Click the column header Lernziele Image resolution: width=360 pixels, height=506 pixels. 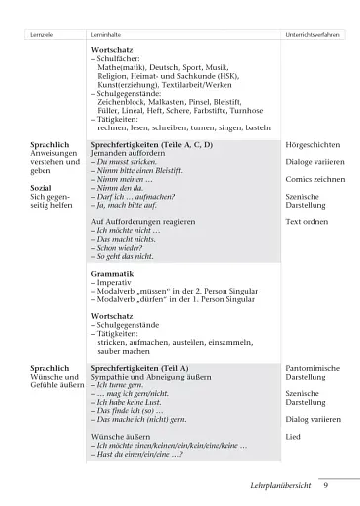43,34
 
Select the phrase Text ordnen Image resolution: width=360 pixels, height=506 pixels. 306,222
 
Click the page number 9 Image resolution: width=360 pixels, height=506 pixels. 325,485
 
